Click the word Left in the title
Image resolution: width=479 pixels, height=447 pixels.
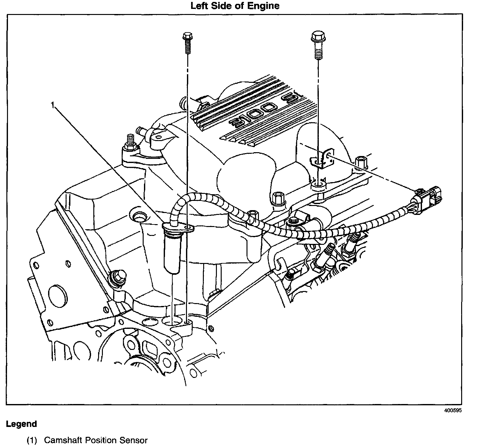click(x=199, y=6)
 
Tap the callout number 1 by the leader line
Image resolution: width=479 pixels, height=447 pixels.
click(x=53, y=105)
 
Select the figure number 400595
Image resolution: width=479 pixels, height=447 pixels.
click(x=453, y=410)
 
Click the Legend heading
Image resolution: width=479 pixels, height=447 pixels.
click(x=21, y=424)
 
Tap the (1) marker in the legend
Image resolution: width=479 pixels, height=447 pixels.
click(x=32, y=440)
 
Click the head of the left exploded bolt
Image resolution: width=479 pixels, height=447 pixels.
click(x=186, y=36)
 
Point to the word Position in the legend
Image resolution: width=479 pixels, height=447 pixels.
click(x=102, y=440)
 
